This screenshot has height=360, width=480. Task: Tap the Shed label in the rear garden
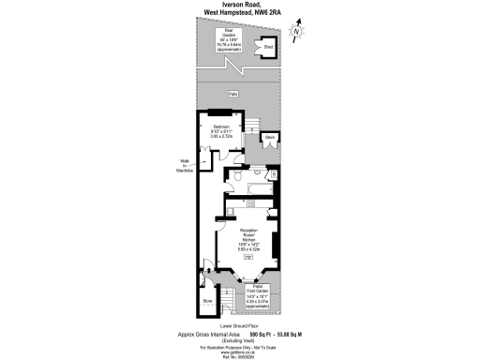pos(269,43)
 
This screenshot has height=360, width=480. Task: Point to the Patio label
pos(232,94)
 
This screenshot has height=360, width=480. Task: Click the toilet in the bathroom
pos(241,174)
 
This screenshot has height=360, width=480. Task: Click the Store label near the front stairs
pos(207,302)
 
